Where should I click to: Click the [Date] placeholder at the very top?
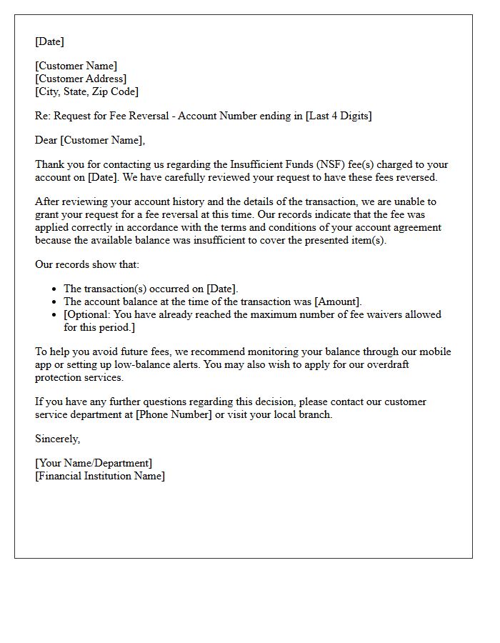click(49, 41)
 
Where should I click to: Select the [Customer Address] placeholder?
click(81, 79)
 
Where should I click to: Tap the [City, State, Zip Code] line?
click(86, 91)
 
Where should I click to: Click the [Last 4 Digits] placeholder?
click(339, 116)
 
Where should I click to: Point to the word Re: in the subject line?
click(43, 116)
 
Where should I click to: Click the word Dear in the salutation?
click(46, 140)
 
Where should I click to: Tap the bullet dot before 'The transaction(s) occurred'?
click(55, 289)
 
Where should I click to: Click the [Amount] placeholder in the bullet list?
click(339, 301)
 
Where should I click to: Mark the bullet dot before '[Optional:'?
click(55, 314)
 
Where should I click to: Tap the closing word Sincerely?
click(57, 439)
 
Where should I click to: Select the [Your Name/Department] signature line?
click(94, 463)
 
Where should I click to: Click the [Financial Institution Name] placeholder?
click(99, 476)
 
